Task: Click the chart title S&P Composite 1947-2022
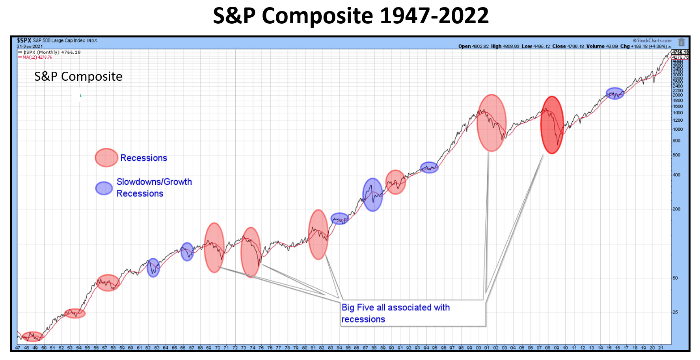(350, 16)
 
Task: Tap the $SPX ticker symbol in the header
(24, 41)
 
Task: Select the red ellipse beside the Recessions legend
(106, 158)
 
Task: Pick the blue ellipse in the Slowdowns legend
(104, 188)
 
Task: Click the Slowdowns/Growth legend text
(154, 182)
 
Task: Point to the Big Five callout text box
(413, 313)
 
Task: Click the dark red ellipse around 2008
(552, 125)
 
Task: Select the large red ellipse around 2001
(491, 123)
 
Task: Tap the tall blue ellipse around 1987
(372, 195)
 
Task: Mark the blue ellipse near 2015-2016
(615, 93)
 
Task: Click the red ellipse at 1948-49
(33, 337)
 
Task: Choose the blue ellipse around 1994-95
(429, 167)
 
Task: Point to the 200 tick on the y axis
(676, 209)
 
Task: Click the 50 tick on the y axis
(675, 278)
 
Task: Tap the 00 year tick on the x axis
(478, 348)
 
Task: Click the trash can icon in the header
(681, 42)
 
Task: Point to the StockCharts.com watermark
(652, 41)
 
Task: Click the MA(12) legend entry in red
(37, 58)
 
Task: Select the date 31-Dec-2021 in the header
(30, 46)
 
